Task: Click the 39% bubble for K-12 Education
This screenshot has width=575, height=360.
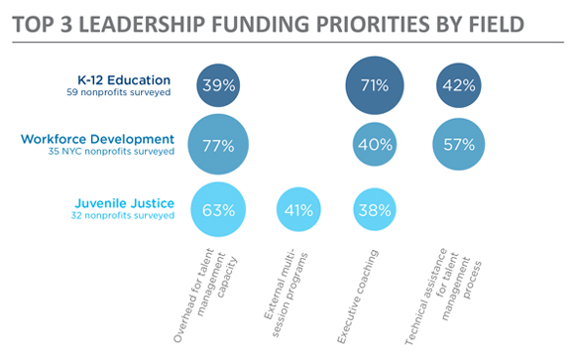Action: (x=216, y=85)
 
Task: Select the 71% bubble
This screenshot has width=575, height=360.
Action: (x=375, y=85)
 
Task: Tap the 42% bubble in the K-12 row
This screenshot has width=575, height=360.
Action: (x=458, y=85)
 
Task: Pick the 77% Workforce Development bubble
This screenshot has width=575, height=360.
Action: (x=217, y=146)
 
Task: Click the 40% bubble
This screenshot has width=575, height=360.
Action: (x=375, y=146)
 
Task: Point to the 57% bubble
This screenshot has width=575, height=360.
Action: (x=458, y=146)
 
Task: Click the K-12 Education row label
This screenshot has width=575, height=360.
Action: (x=124, y=79)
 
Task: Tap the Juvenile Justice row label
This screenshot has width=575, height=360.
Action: (x=124, y=203)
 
